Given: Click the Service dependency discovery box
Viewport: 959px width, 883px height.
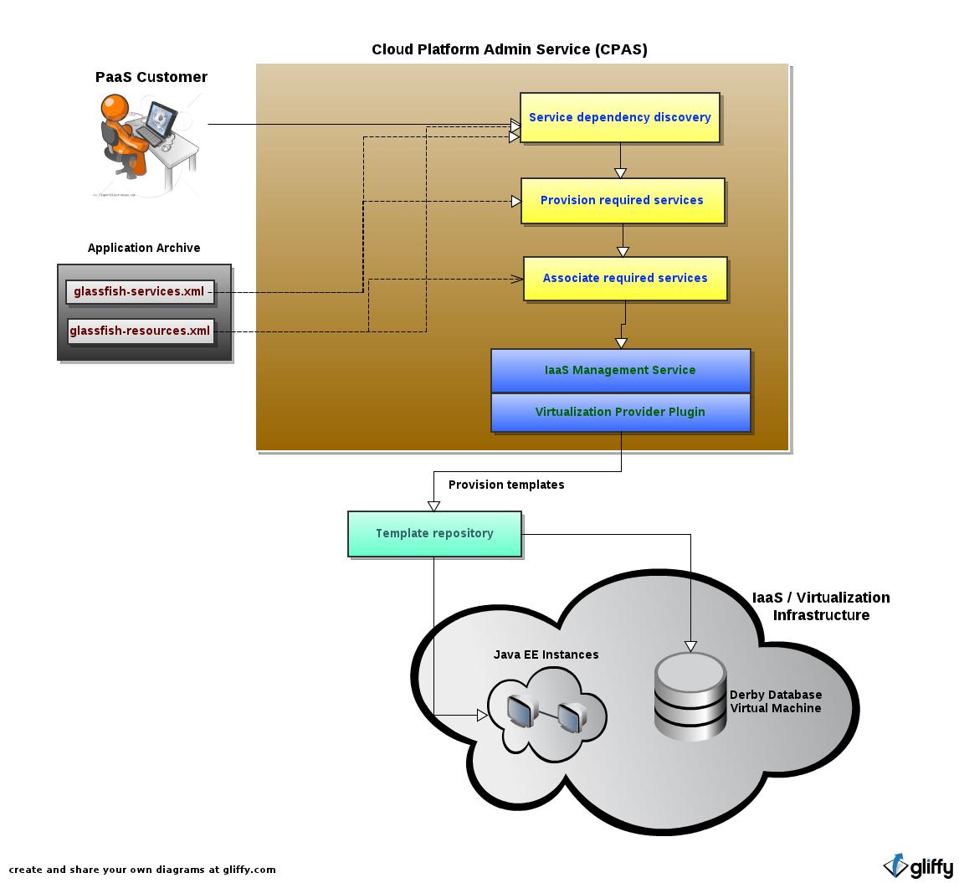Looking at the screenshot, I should tap(619, 117).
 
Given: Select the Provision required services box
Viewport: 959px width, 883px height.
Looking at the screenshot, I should tap(622, 200).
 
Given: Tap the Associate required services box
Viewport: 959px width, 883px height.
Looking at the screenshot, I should tap(624, 278).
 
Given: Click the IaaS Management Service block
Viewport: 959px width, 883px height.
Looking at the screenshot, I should tap(620, 370).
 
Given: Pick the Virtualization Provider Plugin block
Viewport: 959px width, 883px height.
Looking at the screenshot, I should tap(620, 412).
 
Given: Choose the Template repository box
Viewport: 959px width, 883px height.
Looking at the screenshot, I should tap(434, 533).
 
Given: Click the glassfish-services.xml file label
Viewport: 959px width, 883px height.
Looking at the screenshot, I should tap(139, 291).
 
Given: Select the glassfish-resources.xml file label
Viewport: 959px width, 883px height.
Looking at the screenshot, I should tap(140, 331).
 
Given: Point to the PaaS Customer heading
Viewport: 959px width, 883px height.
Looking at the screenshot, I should tap(151, 77).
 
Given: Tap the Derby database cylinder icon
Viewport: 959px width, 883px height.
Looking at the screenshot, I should tap(690, 696).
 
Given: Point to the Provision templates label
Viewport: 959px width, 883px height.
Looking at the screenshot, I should tap(506, 485).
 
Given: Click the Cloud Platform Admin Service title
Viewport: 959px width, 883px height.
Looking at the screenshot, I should tap(509, 49).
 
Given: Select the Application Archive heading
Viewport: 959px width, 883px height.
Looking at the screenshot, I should tap(144, 248).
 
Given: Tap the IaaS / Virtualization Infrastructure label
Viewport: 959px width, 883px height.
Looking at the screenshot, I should tap(821, 606).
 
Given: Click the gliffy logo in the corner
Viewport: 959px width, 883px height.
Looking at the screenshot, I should tap(918, 866).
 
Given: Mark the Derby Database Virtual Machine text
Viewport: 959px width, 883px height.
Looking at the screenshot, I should tap(776, 701).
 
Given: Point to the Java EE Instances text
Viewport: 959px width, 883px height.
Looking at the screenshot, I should tap(546, 655).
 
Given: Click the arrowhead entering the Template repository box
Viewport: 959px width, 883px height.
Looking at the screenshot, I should tap(433, 506).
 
